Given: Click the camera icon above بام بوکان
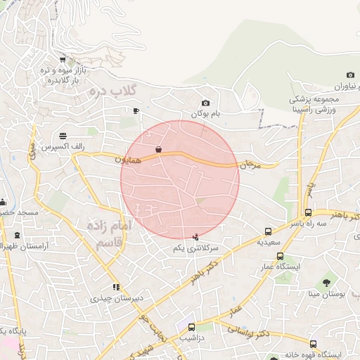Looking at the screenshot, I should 205,103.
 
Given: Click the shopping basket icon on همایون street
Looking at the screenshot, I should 159,149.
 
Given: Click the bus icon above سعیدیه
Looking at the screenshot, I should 268,231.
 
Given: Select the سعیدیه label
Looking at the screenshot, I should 268,242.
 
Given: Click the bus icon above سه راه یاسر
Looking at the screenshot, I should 309,213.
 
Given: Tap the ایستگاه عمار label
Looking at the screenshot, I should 281,267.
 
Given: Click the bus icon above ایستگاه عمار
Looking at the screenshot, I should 281,257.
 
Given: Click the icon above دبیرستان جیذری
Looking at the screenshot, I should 116,287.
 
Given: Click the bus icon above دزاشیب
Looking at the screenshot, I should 192,327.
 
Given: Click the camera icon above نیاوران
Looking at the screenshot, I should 350,75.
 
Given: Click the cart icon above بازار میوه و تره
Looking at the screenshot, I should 63,59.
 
